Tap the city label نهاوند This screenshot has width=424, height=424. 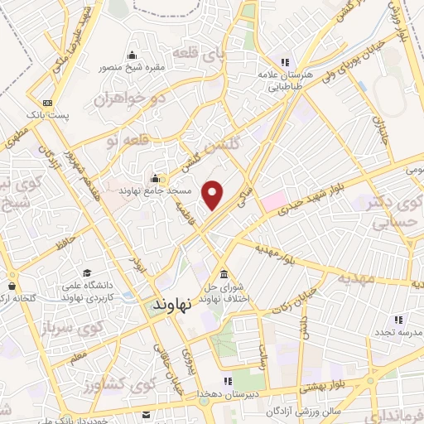(173, 304)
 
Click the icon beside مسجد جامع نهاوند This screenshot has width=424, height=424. (155, 176)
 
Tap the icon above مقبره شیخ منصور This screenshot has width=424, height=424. (132, 55)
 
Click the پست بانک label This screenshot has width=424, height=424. (55, 116)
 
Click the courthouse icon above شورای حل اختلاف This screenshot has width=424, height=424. (224, 275)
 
